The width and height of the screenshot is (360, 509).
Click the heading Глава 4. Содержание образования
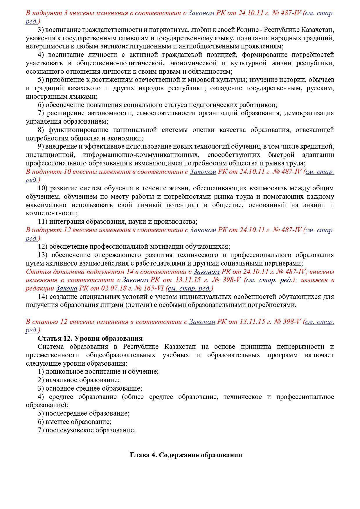(186, 455)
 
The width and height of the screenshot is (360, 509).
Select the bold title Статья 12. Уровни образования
(90, 338)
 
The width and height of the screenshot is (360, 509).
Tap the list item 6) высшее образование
(75, 422)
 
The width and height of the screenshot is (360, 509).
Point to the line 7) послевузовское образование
(87, 430)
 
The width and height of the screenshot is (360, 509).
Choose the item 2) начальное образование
(79, 380)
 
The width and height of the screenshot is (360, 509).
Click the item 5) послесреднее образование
(84, 413)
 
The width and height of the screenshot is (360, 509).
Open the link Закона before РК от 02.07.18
(66, 289)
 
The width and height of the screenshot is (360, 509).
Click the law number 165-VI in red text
(155, 289)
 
